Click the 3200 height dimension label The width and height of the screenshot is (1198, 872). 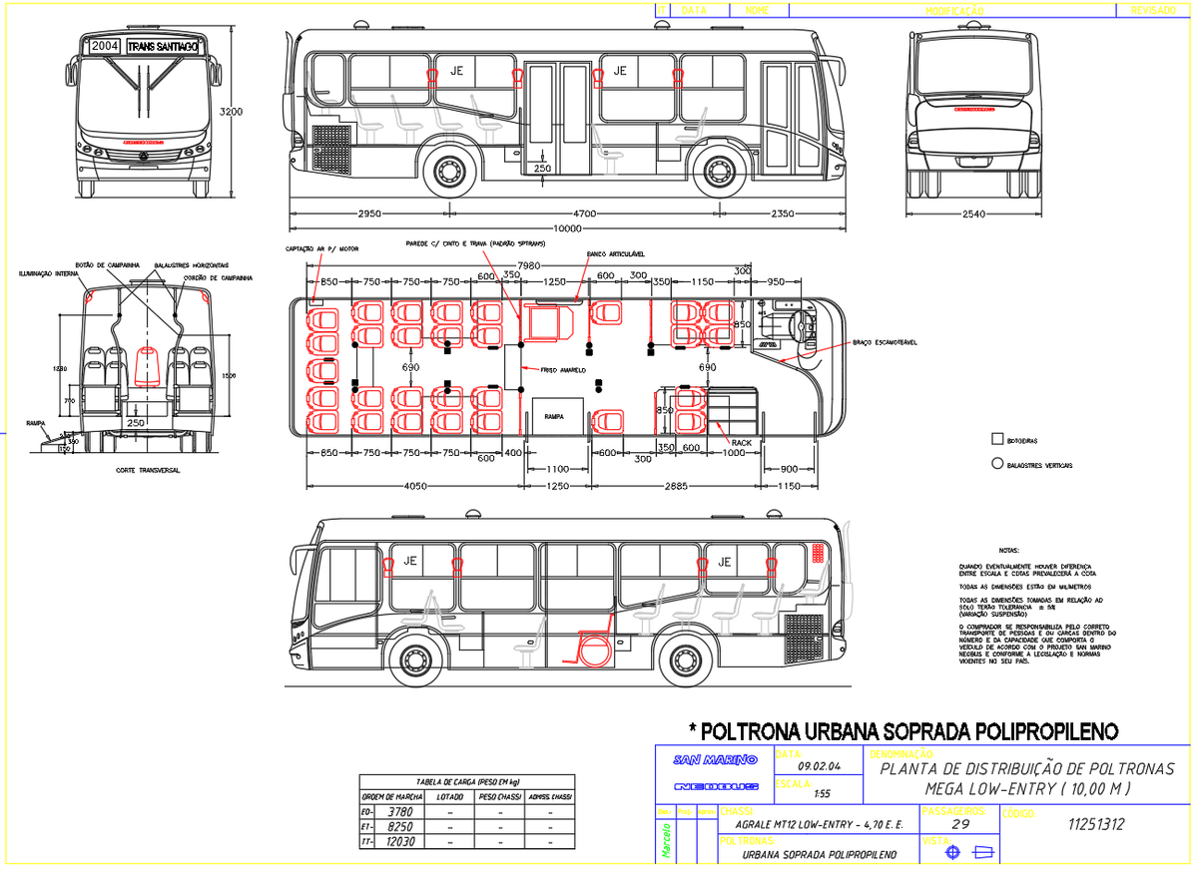pyautogui.click(x=232, y=112)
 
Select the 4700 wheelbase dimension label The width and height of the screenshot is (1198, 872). pyautogui.click(x=585, y=214)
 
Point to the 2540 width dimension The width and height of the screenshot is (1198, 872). pyautogui.click(x=973, y=214)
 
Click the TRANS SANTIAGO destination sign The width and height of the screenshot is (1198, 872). pyautogui.click(x=164, y=46)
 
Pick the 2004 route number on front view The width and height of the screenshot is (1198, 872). pyautogui.click(x=104, y=46)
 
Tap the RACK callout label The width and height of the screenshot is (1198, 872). pyautogui.click(x=741, y=441)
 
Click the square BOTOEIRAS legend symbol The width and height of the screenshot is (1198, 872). pyautogui.click(x=996, y=438)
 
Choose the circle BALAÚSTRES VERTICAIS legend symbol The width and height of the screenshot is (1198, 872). pyautogui.click(x=996, y=463)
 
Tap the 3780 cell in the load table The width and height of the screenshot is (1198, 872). pyautogui.click(x=398, y=812)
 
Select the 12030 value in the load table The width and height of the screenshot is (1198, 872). pyautogui.click(x=398, y=843)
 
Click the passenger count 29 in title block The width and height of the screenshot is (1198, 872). pyautogui.click(x=960, y=825)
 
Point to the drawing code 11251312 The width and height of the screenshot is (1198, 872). pyautogui.click(x=1095, y=825)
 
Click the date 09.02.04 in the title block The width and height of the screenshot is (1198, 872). pyautogui.click(x=820, y=766)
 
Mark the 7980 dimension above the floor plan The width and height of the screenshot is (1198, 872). pyautogui.click(x=530, y=265)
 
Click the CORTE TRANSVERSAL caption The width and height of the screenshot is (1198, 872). pyautogui.click(x=147, y=470)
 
